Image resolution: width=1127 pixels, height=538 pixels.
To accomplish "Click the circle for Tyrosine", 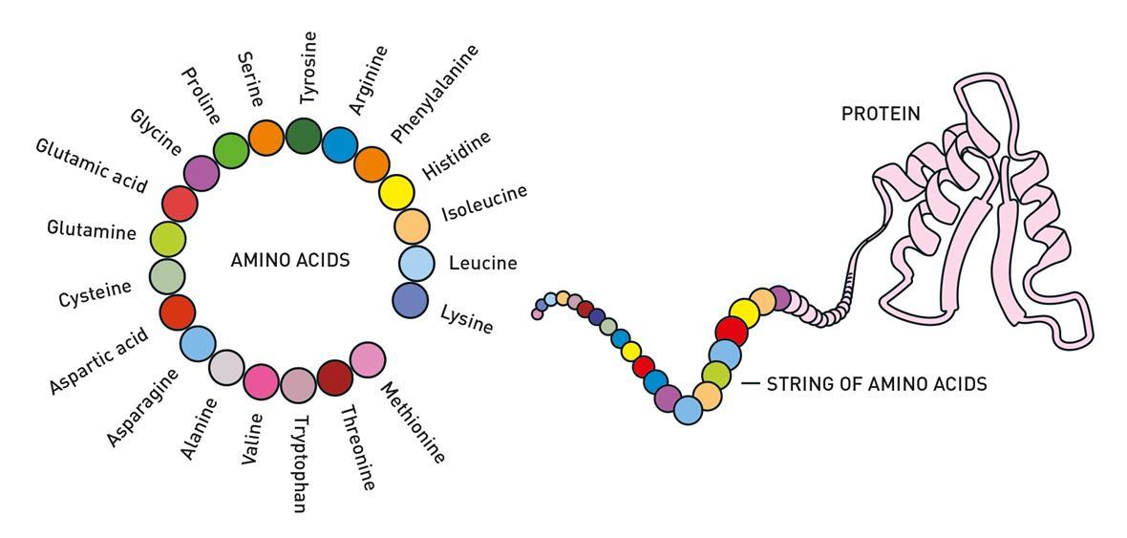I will [x=304, y=137].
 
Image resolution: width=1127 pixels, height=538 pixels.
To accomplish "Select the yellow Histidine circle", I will [x=396, y=193].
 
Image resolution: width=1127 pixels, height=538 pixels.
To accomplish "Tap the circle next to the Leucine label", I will [x=416, y=263].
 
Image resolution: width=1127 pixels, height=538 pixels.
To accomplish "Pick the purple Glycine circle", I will [x=201, y=173].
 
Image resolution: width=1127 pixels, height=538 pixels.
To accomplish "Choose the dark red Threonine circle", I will [x=334, y=378].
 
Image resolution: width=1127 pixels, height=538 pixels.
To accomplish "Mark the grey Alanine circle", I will [x=226, y=368].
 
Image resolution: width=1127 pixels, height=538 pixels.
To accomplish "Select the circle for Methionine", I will [x=368, y=359].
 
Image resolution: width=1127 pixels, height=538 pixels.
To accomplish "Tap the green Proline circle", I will [x=231, y=150].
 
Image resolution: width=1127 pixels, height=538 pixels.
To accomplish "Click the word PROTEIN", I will [x=881, y=114].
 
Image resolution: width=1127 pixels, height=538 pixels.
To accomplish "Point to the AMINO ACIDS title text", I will [x=290, y=260].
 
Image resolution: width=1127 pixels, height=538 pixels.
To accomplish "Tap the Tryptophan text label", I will [x=299, y=463].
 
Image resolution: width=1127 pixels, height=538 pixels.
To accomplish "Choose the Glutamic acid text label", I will [x=92, y=165].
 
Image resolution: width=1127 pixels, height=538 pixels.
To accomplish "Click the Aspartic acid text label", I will [x=99, y=361].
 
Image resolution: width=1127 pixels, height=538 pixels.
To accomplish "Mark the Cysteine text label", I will [x=95, y=293].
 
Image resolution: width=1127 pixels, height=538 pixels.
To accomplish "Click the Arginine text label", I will [x=368, y=79].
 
